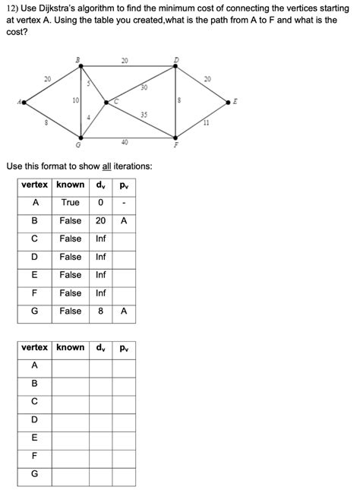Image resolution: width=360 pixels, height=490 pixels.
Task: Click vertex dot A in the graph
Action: click(25, 102)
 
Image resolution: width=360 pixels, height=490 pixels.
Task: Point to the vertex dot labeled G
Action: click(81, 138)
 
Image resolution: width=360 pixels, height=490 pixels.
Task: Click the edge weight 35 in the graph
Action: click(144, 114)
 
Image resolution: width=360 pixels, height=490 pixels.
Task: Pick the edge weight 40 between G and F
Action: click(125, 142)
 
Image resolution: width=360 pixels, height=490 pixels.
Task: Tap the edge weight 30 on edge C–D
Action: click(143, 88)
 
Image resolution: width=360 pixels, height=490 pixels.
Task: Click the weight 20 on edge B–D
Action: click(125, 60)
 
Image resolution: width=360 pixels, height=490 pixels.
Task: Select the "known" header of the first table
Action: click(70, 185)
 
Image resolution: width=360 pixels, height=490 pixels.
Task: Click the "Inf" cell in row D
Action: click(101, 257)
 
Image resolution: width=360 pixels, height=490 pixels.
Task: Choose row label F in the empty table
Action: click(35, 456)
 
